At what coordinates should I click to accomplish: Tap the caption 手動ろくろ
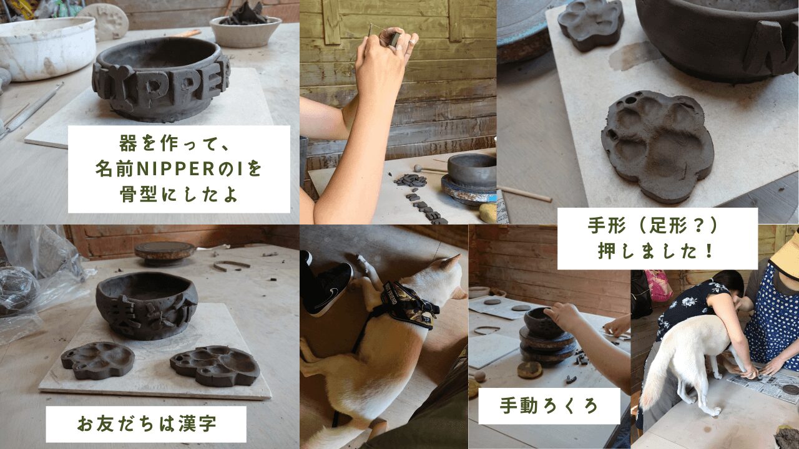(x=549, y=405)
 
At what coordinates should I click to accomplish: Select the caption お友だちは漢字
(x=147, y=423)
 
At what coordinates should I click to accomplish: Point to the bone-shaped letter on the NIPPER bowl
(x=120, y=87)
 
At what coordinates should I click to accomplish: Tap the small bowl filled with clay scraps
(x=245, y=31)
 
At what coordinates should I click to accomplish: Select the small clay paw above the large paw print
(x=591, y=24)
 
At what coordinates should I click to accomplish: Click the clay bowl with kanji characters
(x=147, y=305)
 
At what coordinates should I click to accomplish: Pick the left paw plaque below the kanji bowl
(x=97, y=360)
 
